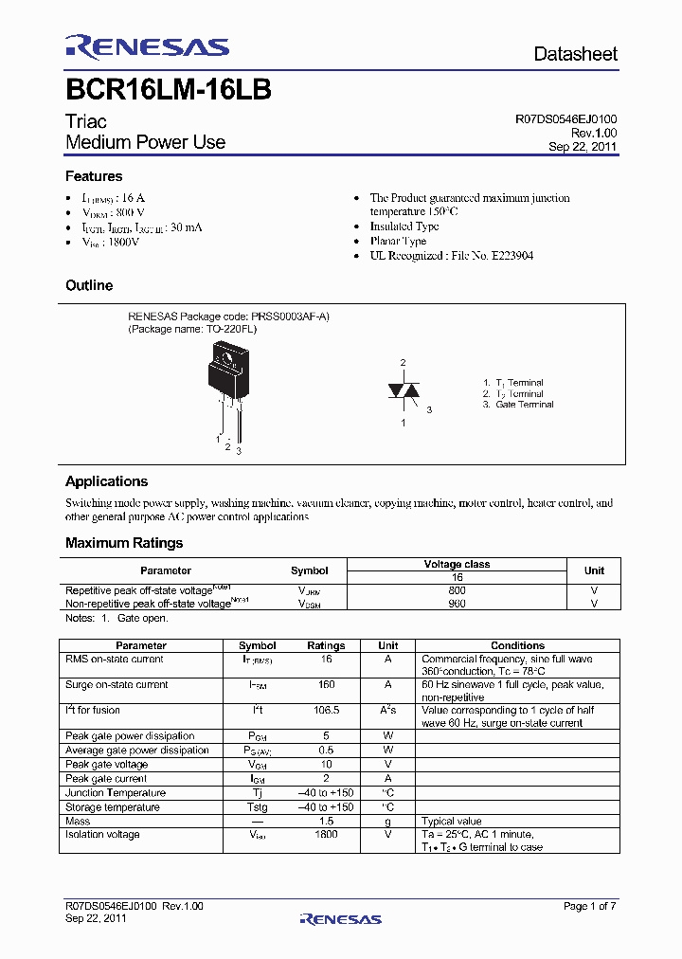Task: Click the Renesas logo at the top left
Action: click(147, 47)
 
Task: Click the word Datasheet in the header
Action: click(575, 54)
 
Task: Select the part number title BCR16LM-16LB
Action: click(169, 91)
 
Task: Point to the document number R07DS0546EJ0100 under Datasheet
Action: click(565, 120)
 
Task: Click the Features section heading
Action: click(94, 176)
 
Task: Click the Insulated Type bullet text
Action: click(404, 226)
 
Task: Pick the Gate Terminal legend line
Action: click(518, 405)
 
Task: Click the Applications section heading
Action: click(106, 481)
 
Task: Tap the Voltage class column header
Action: click(457, 564)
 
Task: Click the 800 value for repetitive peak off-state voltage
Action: click(457, 589)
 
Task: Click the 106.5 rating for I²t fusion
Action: click(326, 710)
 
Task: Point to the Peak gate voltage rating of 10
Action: click(326, 764)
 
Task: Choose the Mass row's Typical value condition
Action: click(451, 821)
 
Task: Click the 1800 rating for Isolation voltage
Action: click(326, 834)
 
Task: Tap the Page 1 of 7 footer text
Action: click(589, 906)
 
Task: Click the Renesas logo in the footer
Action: click(340, 918)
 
